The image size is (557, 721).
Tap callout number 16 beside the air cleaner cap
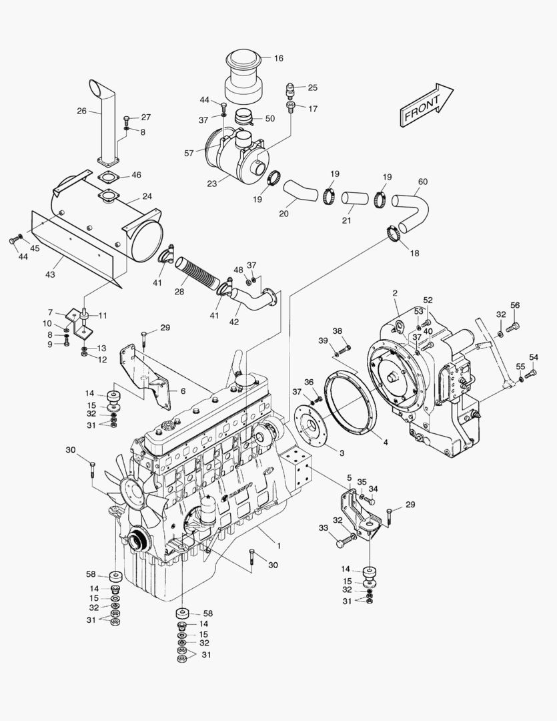tap(278, 59)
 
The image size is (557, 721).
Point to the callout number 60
tap(422, 182)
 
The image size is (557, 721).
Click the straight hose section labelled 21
tap(354, 198)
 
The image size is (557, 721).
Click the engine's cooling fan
tap(136, 491)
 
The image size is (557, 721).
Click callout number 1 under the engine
tap(279, 545)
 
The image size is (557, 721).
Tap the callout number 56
tap(514, 305)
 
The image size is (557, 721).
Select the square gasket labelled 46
tap(107, 177)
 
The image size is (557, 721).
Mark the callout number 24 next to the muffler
tap(147, 197)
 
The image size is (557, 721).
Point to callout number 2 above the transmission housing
tap(394, 293)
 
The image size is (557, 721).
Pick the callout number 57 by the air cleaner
tap(189, 153)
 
